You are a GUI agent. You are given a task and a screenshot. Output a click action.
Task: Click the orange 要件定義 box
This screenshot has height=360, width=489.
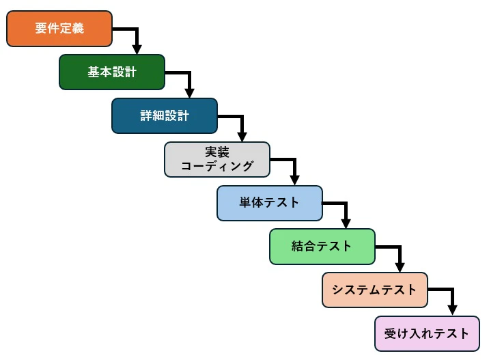tap(59, 29)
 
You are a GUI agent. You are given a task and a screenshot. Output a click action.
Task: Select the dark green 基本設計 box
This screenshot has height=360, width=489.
tap(112, 72)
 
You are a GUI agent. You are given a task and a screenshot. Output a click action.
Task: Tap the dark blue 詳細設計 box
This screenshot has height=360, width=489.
tap(165, 115)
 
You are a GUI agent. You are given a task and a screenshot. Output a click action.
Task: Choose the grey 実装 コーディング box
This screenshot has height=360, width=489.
tap(217, 159)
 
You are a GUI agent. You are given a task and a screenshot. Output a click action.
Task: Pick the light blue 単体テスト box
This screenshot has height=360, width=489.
tap(270, 203)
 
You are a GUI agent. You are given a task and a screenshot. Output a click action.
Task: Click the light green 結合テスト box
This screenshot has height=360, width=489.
tap(322, 247)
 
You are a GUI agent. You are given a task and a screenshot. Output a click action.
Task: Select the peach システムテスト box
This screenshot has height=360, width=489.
tap(375, 290)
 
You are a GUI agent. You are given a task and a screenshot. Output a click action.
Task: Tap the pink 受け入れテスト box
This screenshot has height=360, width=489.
tap(428, 333)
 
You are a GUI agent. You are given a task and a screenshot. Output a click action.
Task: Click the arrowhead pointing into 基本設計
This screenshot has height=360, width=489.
tap(137, 49)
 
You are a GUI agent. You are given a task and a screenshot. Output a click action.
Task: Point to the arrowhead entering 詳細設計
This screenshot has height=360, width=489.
tap(189, 93)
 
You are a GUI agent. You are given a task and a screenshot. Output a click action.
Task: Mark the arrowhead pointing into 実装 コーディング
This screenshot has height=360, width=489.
tap(242, 137)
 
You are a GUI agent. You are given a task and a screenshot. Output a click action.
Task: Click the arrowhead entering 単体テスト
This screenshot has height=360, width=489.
tap(294, 180)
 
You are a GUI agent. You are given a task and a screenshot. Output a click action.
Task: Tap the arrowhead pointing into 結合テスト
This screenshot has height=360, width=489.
tap(346, 223)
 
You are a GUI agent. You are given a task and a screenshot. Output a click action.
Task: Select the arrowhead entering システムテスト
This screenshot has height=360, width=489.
tap(400, 267)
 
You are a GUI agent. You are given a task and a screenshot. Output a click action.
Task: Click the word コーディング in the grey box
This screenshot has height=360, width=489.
tap(217, 166)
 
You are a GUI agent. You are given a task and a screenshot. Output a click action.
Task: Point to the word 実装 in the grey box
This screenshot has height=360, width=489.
tap(217, 152)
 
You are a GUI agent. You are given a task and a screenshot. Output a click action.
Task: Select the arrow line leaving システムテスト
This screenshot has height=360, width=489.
tap(441, 290)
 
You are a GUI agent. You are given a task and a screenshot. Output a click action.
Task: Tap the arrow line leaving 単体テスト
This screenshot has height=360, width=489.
tap(335, 203)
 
